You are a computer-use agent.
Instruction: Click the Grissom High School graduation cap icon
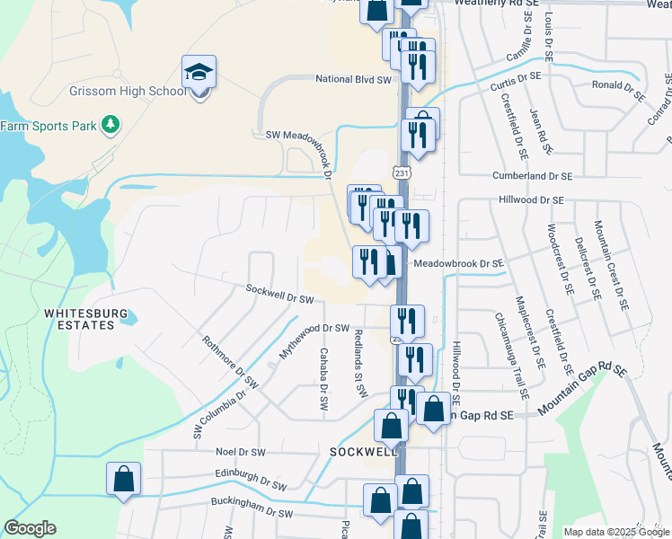[199, 70]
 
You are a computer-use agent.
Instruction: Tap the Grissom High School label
[128, 92]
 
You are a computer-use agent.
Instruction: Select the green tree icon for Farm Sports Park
[110, 124]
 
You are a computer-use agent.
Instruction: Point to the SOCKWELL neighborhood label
[363, 451]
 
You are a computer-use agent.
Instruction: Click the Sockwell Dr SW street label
[279, 293]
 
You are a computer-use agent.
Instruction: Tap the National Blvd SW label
[353, 80]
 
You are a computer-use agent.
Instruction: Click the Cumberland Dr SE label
[532, 176]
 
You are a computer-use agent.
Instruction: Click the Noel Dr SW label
[240, 452]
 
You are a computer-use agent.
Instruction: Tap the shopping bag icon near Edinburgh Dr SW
[124, 479]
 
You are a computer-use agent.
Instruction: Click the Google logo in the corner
[30, 528]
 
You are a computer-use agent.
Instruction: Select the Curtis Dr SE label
[517, 77]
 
